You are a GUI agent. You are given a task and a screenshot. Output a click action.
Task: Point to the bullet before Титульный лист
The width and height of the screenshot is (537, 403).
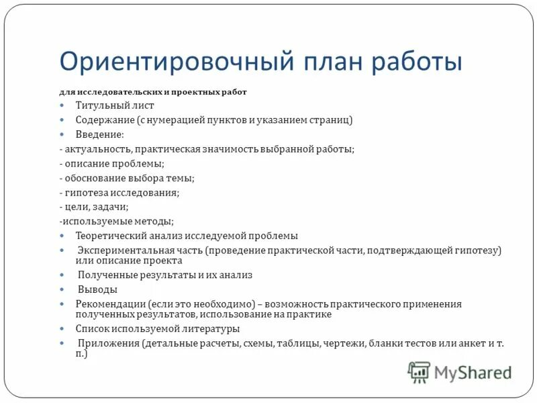(x=61, y=106)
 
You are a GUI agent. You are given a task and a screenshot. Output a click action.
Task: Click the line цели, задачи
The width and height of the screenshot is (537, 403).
(x=93, y=207)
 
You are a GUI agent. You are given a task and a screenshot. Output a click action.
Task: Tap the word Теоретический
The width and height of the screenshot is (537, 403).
(x=109, y=236)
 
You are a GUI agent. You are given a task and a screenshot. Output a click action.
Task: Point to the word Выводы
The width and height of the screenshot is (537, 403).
(x=97, y=289)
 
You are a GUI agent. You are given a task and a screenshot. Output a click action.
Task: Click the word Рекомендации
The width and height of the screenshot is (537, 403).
(x=110, y=304)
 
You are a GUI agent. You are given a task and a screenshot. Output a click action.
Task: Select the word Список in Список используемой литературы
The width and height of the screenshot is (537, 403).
(x=91, y=329)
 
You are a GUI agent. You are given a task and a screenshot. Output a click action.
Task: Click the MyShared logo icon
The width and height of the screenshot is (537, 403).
(x=419, y=371)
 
